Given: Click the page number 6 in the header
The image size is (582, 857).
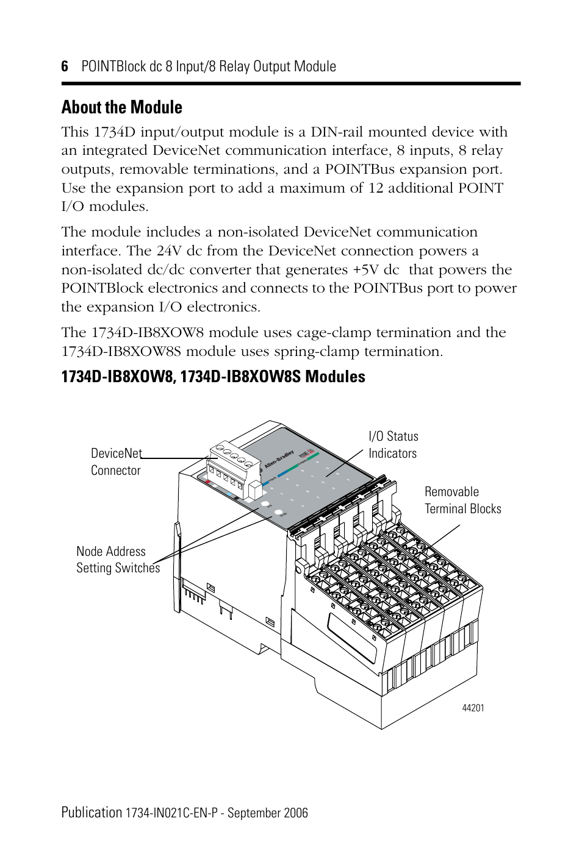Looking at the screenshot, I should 65,66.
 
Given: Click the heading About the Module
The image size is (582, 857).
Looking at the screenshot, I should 121,107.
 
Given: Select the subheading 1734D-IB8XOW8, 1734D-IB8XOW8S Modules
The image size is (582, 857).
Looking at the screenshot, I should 213,377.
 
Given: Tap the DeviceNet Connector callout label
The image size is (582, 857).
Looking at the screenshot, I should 116,461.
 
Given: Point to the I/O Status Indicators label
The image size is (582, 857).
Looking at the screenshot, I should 393,444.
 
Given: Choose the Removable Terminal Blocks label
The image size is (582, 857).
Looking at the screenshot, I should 462,500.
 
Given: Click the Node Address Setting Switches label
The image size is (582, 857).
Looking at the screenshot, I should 118,560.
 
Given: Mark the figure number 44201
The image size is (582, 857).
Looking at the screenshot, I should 473,708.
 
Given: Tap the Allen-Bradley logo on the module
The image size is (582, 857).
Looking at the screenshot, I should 279,460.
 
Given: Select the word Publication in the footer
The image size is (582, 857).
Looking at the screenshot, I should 92,813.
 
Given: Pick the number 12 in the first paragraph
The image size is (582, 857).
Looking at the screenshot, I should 375,188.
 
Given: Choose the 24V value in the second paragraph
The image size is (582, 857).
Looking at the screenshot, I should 169,251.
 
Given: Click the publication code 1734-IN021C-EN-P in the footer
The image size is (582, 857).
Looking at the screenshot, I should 171,813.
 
